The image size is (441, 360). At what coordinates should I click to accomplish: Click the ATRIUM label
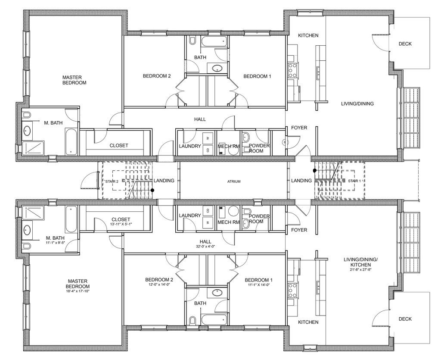(x=234, y=182)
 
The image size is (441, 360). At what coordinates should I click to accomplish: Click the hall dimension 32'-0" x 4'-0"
(x=205, y=247)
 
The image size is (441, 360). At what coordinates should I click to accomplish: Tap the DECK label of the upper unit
(x=405, y=44)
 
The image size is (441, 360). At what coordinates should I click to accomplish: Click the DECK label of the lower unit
(x=405, y=319)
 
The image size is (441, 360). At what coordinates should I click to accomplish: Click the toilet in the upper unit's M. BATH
(x=27, y=115)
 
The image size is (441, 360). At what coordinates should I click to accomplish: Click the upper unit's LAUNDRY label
(x=190, y=146)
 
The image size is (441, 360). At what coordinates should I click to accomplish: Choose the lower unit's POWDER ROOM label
(x=259, y=218)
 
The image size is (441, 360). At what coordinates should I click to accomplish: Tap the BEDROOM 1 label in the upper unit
(x=257, y=76)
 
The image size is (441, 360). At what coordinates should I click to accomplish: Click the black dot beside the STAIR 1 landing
(x=314, y=171)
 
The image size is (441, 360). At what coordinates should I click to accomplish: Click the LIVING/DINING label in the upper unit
(x=357, y=103)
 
